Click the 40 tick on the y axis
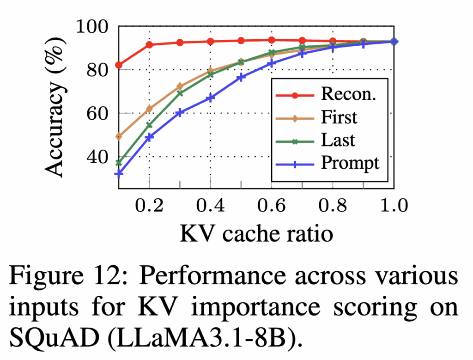pyautogui.click(x=101, y=157)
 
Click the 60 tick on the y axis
pyautogui.click(x=101, y=114)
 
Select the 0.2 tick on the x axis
pyautogui.click(x=149, y=205)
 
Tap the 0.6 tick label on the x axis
pyautogui.click(x=271, y=205)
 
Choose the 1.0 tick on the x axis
pyautogui.click(x=394, y=205)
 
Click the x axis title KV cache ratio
pyautogui.click(x=256, y=234)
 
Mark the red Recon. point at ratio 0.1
pyautogui.click(x=119, y=65)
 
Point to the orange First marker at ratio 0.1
pyautogui.click(x=119, y=136)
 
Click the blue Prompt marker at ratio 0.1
pyautogui.click(x=119, y=174)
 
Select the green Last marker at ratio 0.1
pyautogui.click(x=119, y=163)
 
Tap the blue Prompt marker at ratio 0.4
pyautogui.click(x=210, y=98)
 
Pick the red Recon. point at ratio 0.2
pyautogui.click(x=149, y=45)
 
